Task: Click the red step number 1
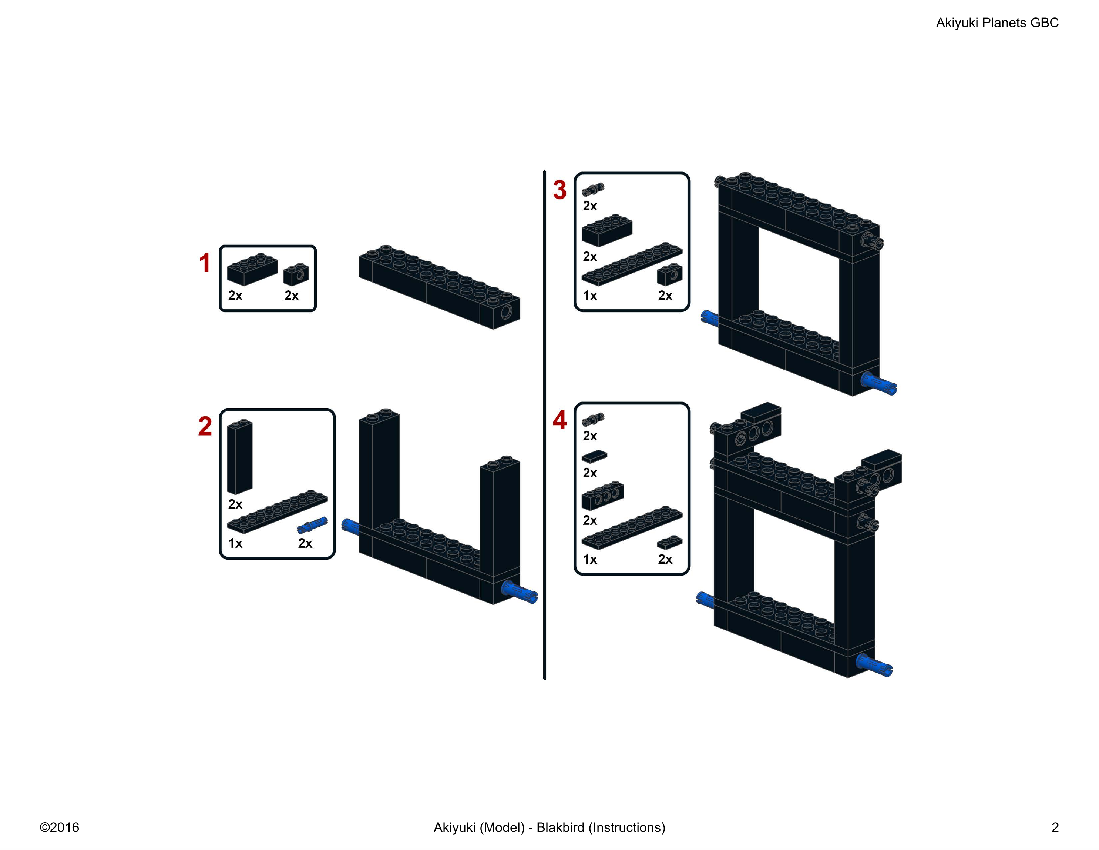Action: tap(204, 263)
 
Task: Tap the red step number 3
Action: tap(559, 190)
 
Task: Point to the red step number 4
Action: tap(559, 420)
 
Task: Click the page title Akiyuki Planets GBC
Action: tap(997, 23)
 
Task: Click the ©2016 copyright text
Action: tap(59, 827)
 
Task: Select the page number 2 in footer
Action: tap(1055, 827)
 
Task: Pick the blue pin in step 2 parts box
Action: tap(312, 525)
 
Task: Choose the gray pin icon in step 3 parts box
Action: tap(593, 189)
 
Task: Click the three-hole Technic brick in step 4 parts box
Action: tap(603, 496)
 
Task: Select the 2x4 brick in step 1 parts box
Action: tap(252, 269)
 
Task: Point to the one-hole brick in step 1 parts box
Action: tap(296, 274)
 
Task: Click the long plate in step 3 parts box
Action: tap(632, 264)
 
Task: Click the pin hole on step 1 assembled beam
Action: tap(506, 312)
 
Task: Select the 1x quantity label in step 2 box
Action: tap(235, 543)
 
